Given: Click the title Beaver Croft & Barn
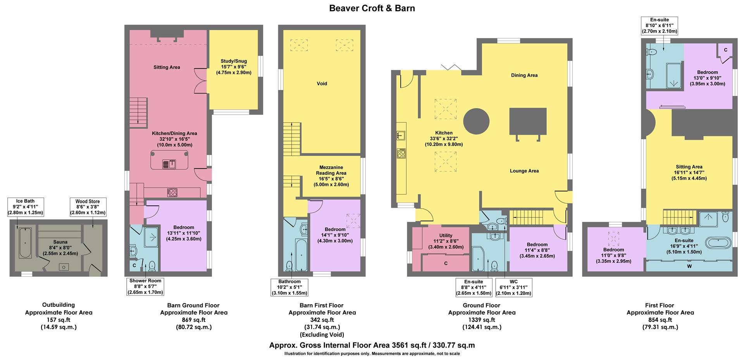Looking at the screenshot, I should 372,8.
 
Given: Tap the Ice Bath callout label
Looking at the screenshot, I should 25,207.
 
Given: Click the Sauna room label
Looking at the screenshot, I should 60,248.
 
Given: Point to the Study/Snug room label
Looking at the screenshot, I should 233,67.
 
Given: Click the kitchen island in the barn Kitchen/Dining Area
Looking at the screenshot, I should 170,160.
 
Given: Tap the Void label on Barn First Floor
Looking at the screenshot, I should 322,84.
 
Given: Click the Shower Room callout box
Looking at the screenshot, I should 145,286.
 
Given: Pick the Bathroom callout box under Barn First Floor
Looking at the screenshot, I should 289,287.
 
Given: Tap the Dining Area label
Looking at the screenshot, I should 524,75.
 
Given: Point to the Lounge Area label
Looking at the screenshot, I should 524,171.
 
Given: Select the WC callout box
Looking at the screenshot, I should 513,287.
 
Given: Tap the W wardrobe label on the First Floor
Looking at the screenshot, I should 689,266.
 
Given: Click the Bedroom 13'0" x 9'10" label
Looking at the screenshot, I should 707,78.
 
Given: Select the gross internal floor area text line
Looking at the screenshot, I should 372,345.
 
